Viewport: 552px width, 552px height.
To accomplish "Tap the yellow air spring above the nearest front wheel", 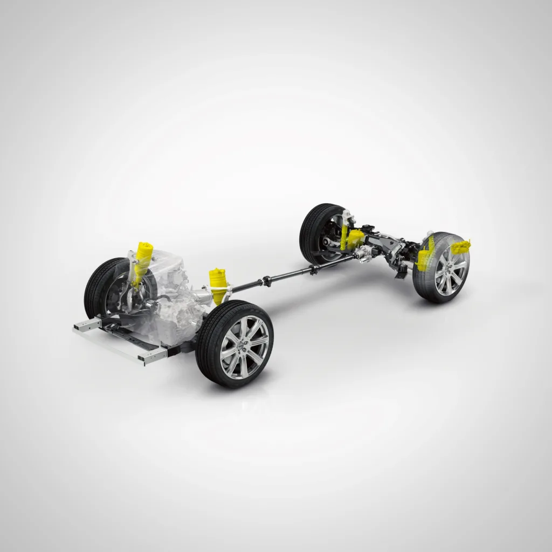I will [x=218, y=284].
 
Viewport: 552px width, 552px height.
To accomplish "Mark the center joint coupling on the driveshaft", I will [x=266, y=280].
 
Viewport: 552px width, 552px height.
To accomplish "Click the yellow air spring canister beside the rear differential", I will [x=356, y=237].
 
